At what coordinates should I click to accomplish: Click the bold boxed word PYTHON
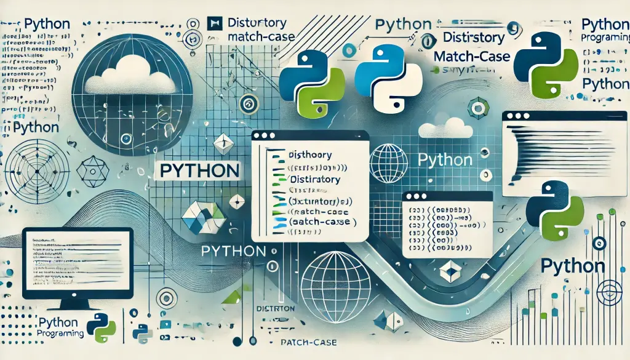(198, 170)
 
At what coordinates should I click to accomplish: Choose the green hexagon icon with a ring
(477, 109)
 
